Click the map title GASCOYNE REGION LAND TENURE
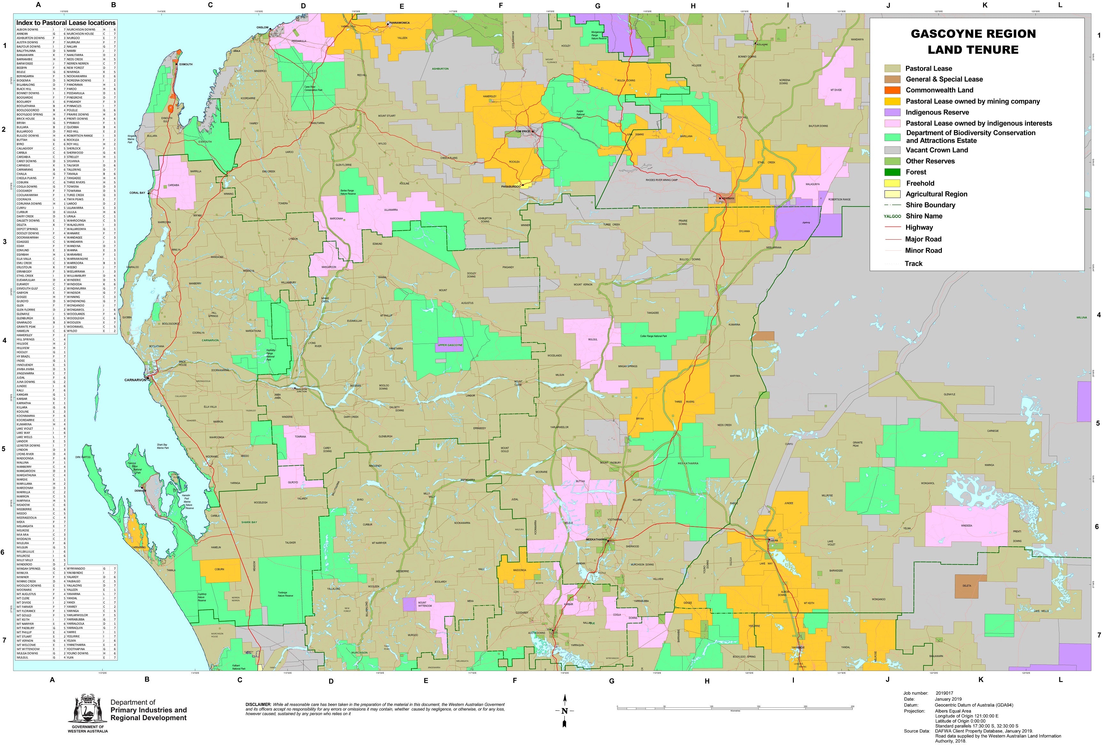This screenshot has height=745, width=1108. [973, 42]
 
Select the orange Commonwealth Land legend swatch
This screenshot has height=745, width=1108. [892, 90]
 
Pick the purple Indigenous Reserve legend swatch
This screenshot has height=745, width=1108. [892, 113]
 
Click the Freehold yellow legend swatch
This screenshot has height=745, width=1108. [892, 183]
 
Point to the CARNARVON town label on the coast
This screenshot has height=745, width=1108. [136, 380]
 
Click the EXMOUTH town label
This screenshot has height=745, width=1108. [186, 64]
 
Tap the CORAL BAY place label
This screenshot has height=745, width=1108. [137, 193]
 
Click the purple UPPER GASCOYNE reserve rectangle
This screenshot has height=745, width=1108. [449, 345]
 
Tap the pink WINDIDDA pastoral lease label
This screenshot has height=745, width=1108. [966, 526]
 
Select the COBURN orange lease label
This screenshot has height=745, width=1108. [219, 569]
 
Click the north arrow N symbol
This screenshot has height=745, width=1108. [564, 711]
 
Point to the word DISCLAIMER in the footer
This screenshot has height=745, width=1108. [257, 704]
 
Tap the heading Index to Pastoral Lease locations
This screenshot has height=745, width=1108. [66, 23]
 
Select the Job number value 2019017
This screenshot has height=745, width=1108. [945, 693]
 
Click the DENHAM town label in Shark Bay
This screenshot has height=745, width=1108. [140, 490]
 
